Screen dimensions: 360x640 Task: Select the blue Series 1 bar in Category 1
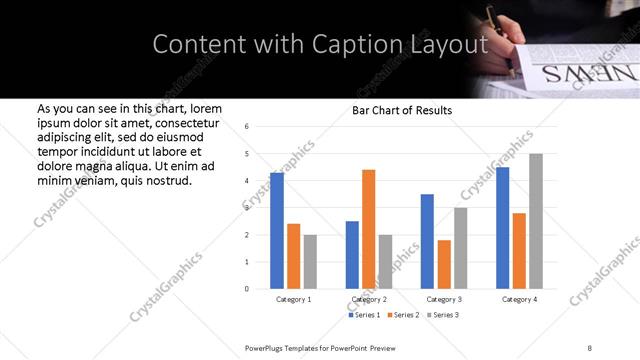coord(277,231)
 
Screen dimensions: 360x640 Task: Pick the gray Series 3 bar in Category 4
coord(536,221)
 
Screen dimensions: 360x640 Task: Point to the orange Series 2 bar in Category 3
coord(444,264)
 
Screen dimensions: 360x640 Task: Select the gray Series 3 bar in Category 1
coord(310,262)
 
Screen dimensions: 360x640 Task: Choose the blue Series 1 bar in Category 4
coord(502,228)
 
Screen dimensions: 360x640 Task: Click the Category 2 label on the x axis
coord(369,299)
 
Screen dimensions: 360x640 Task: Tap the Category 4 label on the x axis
coord(519,299)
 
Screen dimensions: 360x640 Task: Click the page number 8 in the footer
coord(590,346)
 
